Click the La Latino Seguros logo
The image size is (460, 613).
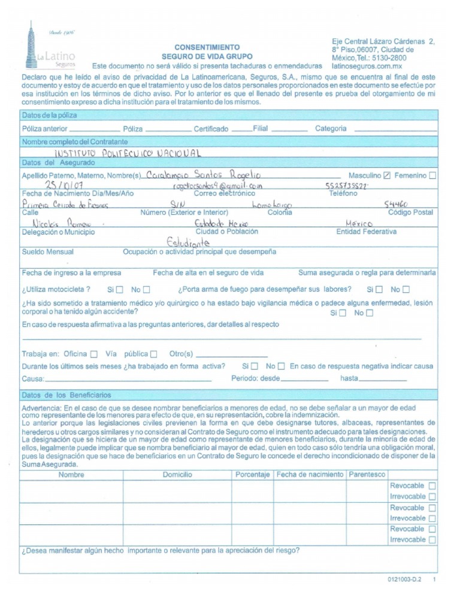52,45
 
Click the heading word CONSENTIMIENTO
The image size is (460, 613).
207,47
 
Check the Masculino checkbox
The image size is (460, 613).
387,175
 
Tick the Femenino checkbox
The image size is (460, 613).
433,175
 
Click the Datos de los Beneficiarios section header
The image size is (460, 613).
66,396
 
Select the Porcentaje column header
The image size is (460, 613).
252,474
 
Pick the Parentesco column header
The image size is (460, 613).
367,474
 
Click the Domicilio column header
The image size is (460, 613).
177,474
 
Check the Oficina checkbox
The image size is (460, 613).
94,353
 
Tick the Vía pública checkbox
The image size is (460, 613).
154,353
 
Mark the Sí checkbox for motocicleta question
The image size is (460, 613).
119,290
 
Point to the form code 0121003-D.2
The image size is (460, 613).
405,580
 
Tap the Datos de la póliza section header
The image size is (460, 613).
50,115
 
